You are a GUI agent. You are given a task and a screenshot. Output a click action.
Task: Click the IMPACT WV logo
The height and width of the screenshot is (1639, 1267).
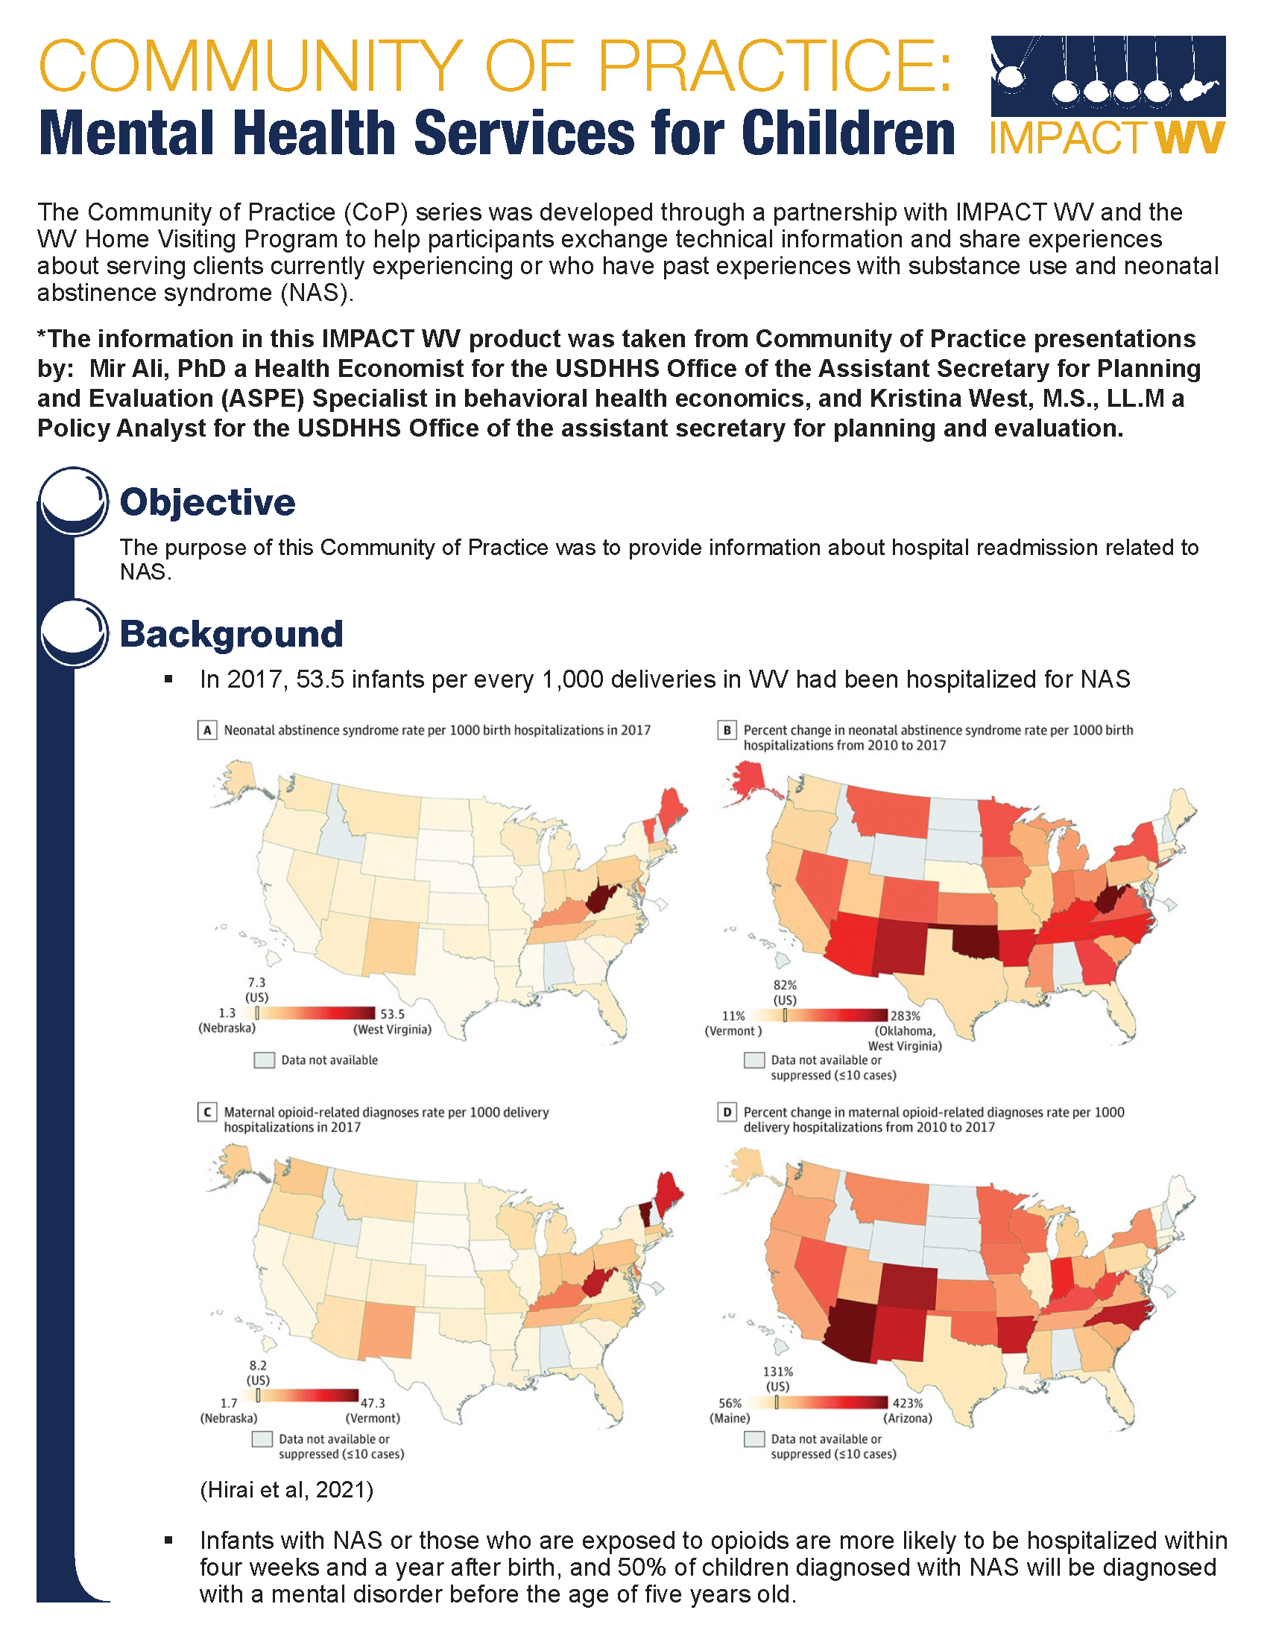pos(1107,95)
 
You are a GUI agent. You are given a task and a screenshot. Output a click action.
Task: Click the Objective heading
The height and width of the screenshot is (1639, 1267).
pos(207,502)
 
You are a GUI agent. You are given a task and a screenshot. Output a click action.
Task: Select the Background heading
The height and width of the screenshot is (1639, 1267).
pos(231,633)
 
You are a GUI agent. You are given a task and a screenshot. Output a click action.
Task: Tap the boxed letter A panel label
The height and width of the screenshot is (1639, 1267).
pos(207,730)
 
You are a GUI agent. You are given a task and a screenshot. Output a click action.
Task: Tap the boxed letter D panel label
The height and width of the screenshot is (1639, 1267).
pos(727,1112)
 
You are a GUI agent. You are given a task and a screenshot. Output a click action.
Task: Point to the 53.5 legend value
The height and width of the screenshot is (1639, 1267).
pos(392,1014)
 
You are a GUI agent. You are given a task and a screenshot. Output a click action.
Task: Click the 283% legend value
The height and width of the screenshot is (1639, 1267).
pos(905,1015)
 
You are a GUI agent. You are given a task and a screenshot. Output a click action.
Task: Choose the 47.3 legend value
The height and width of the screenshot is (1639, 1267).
pos(373,1403)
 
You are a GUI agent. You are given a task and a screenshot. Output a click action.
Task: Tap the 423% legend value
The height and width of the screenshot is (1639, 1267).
pos(908,1403)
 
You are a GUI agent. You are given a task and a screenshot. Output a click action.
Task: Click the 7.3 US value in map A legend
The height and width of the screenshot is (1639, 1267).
pos(256,983)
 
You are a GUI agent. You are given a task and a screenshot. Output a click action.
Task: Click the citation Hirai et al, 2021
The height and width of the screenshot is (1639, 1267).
pos(286,1489)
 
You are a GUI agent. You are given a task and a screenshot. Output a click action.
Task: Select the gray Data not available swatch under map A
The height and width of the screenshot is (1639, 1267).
pos(265,1059)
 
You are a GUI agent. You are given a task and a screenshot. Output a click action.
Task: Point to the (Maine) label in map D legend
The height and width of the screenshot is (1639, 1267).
pos(730,1418)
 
